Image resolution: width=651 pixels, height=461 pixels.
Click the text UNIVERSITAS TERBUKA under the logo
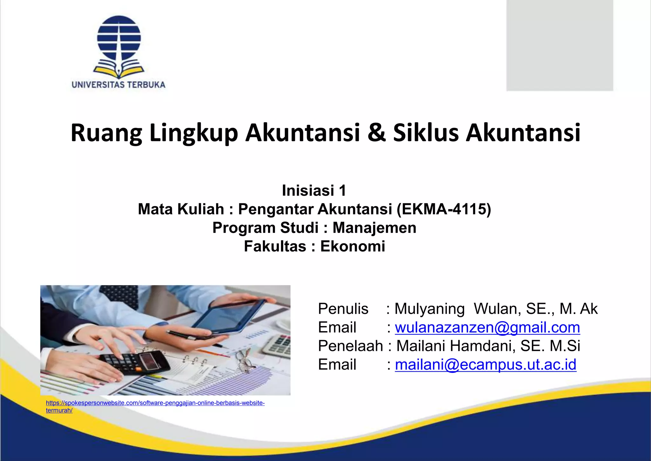(118, 85)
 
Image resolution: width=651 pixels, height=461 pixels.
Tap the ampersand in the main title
(376, 133)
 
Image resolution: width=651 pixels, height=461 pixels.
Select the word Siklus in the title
(426, 133)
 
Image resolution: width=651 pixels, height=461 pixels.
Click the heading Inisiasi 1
(314, 191)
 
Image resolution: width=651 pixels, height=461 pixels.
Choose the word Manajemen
(374, 228)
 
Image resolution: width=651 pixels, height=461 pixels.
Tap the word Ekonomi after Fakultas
(353, 246)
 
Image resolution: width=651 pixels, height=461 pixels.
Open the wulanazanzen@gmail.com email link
(487, 327)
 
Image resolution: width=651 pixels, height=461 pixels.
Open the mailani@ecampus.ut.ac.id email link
(485, 365)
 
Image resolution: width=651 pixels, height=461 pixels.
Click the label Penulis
(343, 309)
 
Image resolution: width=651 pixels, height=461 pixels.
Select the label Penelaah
(350, 346)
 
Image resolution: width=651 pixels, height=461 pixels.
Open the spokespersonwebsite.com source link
(155, 403)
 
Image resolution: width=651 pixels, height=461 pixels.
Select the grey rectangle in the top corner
(559, 45)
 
